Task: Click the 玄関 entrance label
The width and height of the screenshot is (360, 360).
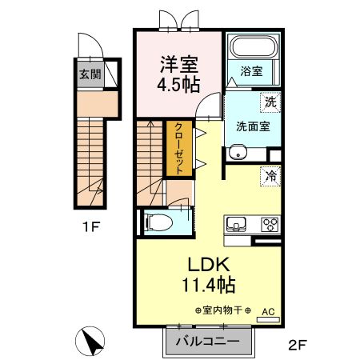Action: point(90,74)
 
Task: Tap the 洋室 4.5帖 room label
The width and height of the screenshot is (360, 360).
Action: point(178,74)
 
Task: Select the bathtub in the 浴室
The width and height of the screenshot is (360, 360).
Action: point(253,46)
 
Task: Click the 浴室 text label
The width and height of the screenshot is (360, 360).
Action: point(251,71)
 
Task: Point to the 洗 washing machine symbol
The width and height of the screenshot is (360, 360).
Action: point(270,102)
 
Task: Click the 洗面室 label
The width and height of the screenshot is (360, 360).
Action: point(253,126)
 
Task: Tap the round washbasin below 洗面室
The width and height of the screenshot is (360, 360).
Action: point(238,153)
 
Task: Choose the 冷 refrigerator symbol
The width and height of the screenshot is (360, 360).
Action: point(270,175)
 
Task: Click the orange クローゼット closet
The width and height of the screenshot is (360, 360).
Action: point(179,148)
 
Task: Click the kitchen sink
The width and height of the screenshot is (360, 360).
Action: point(236,225)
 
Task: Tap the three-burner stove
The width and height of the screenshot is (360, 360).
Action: point(270,224)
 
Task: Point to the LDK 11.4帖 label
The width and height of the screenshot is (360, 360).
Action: point(209,274)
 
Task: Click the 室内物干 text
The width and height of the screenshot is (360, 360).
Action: point(222,310)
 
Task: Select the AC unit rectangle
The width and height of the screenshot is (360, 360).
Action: point(268,319)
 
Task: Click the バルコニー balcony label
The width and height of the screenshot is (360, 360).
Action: point(207,341)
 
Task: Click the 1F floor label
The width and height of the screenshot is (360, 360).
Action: point(90,227)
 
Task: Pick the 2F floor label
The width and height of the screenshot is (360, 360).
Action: point(298,345)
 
